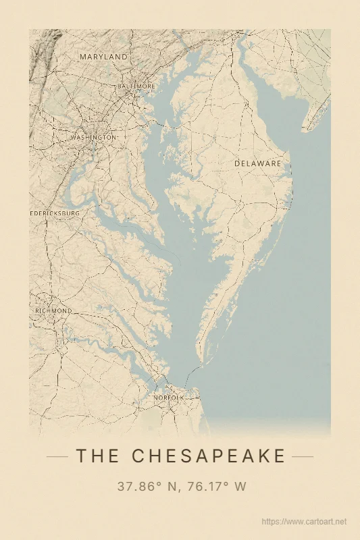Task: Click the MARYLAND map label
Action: pos(103,57)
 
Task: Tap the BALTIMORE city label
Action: pos(136,87)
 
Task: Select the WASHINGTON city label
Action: pos(93,138)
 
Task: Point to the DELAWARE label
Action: pos(257,163)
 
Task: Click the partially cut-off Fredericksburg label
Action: pos(55,213)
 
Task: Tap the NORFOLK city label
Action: pos(168,398)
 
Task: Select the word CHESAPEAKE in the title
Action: pos(209,456)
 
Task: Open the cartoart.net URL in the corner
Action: pos(303,522)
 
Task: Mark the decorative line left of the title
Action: pos(57,456)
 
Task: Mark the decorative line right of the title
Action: pos(303,456)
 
